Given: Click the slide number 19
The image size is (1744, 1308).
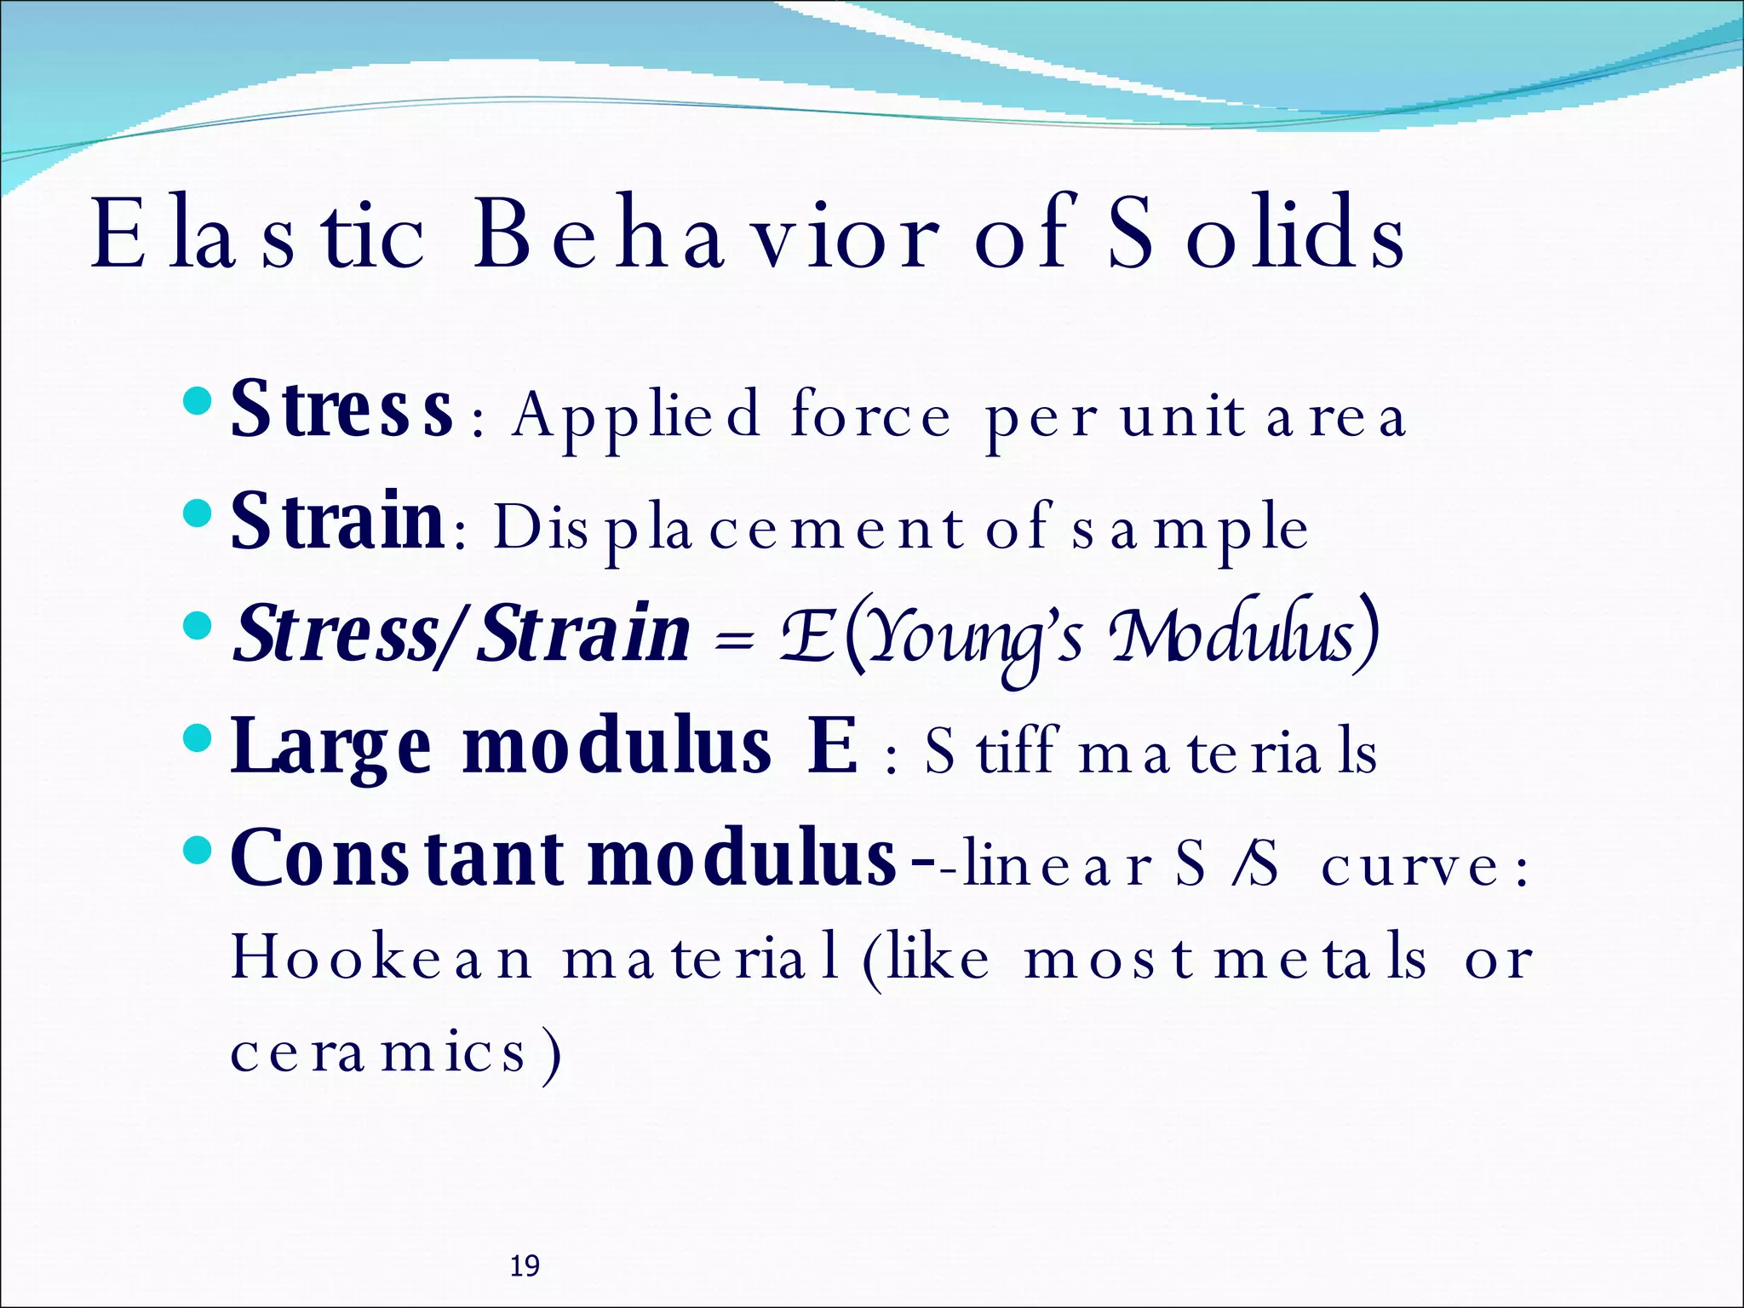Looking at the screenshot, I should pos(524,1266).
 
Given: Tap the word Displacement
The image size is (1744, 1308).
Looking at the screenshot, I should pos(729,528).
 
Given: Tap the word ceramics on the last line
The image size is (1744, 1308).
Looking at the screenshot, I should pos(378,1053).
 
